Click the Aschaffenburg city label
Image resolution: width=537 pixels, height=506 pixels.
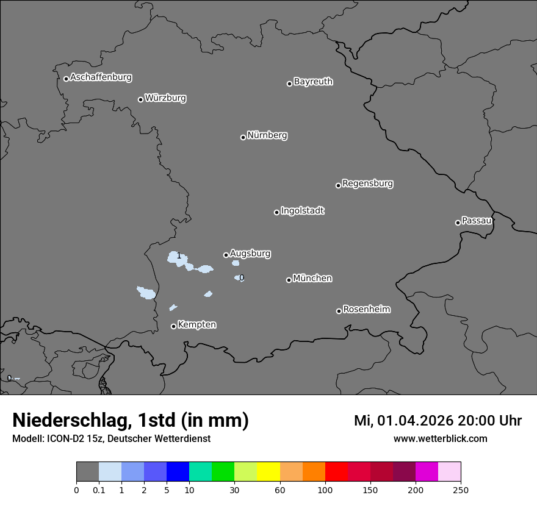(101, 77)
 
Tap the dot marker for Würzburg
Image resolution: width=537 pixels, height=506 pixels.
(140, 99)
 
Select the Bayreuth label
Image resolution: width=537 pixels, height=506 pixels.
(313, 82)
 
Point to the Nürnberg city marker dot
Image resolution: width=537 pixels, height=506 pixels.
(243, 137)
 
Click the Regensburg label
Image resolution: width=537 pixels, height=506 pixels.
(367, 184)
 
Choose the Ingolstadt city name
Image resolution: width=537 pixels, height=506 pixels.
(302, 211)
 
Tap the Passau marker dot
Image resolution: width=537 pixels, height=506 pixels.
(458, 223)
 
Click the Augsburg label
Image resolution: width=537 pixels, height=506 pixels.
(250, 254)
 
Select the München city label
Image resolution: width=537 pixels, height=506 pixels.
(312, 279)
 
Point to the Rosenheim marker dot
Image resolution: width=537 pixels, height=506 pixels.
(339, 312)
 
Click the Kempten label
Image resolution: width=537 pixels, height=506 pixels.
(196, 325)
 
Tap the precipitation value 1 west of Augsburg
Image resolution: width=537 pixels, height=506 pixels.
(178, 256)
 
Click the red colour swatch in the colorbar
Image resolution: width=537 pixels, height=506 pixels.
(336, 472)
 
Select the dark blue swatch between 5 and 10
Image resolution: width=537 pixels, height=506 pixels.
(178, 472)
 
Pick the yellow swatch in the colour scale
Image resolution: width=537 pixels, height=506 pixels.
(268, 472)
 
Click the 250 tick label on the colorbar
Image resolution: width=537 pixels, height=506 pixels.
(460, 489)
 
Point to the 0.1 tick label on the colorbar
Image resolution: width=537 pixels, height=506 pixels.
(99, 489)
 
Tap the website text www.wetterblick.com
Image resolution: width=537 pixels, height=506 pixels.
(440, 439)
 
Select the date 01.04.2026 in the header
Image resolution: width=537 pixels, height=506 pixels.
(414, 421)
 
